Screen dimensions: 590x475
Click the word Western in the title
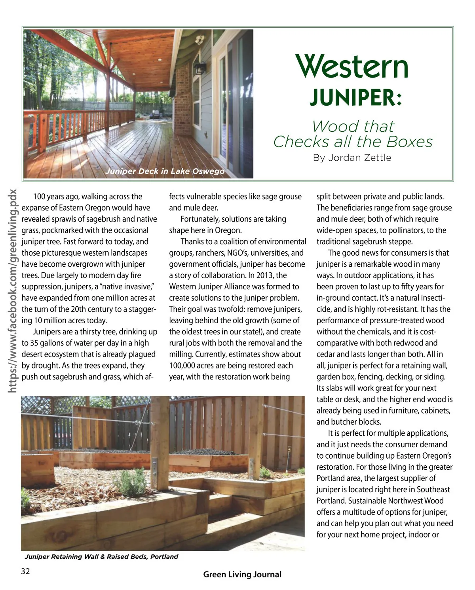[x=351, y=66]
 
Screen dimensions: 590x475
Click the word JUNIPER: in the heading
[x=355, y=97]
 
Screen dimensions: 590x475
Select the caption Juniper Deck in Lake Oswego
[x=165, y=171]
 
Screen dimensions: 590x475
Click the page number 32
[x=25, y=571]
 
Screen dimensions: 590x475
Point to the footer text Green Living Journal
[x=242, y=574]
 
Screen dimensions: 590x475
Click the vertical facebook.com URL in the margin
[x=13, y=291]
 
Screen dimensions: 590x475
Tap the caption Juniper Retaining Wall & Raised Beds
[x=101, y=556]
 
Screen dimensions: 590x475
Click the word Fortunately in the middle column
[x=199, y=219]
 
